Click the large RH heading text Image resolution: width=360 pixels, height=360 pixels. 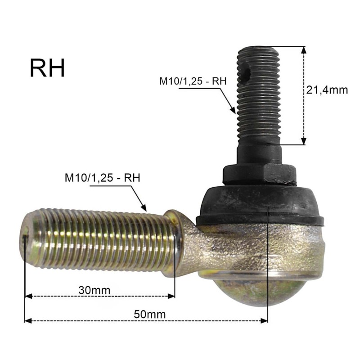click(x=47, y=68)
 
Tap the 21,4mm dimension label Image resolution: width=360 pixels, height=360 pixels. click(x=327, y=90)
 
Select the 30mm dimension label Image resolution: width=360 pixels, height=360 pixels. click(x=94, y=290)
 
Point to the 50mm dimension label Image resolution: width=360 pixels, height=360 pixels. click(x=150, y=314)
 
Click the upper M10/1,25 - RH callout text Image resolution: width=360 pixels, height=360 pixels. click(x=193, y=81)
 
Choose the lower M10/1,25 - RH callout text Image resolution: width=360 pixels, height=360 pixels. click(x=103, y=178)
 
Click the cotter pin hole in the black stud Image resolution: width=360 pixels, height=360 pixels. click(x=247, y=72)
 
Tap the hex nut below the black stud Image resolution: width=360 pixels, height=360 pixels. click(x=260, y=174)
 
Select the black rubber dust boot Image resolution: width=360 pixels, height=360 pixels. click(x=260, y=206)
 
